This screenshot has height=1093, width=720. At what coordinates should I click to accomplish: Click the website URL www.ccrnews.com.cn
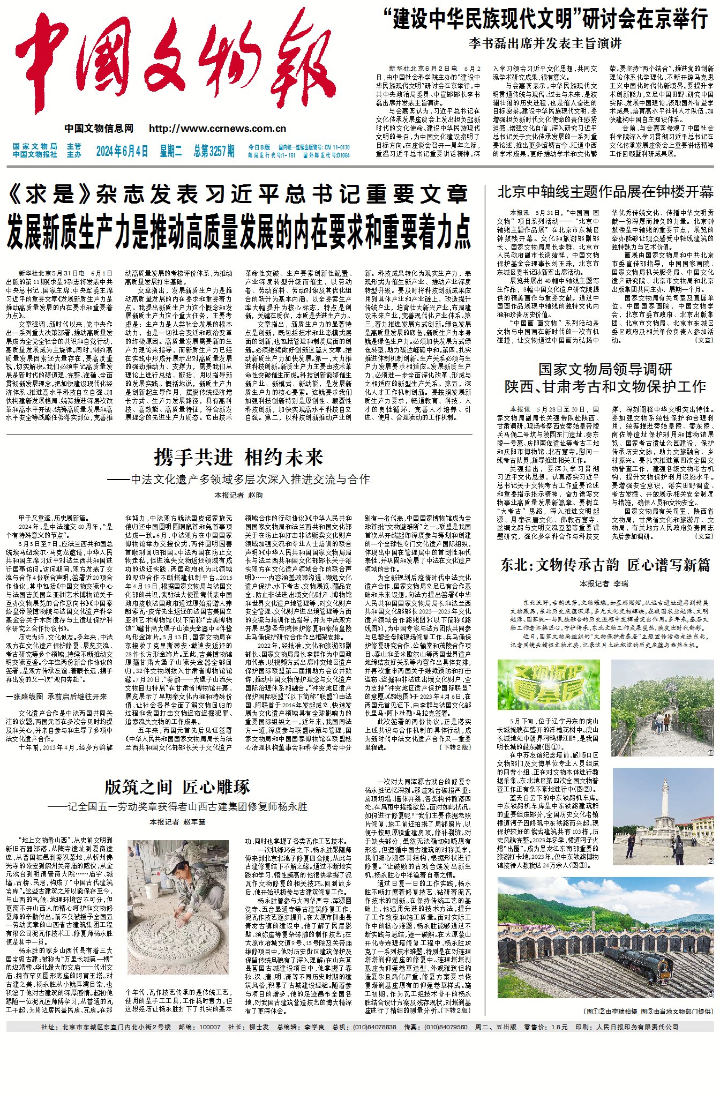[217, 129]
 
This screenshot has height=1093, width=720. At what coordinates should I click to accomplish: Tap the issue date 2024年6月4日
[122, 151]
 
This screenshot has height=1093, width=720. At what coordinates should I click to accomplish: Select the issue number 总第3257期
[214, 151]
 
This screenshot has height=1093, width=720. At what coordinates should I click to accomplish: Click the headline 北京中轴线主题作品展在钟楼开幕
[605, 192]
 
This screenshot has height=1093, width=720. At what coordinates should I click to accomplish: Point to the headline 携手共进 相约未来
[238, 457]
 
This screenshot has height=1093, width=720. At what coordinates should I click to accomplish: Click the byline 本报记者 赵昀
[238, 495]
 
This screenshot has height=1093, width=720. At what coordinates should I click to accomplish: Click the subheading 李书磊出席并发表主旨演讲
[545, 43]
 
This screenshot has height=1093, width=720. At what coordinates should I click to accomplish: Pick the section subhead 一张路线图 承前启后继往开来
[56, 697]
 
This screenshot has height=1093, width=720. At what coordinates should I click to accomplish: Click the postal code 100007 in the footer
[209, 1027]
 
